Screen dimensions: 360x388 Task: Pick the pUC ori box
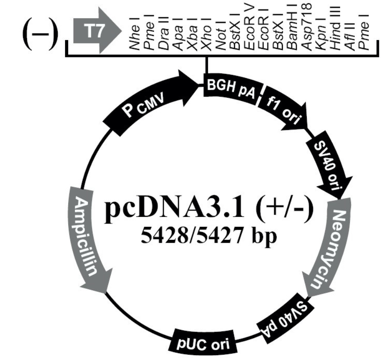pyautogui.click(x=203, y=341)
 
